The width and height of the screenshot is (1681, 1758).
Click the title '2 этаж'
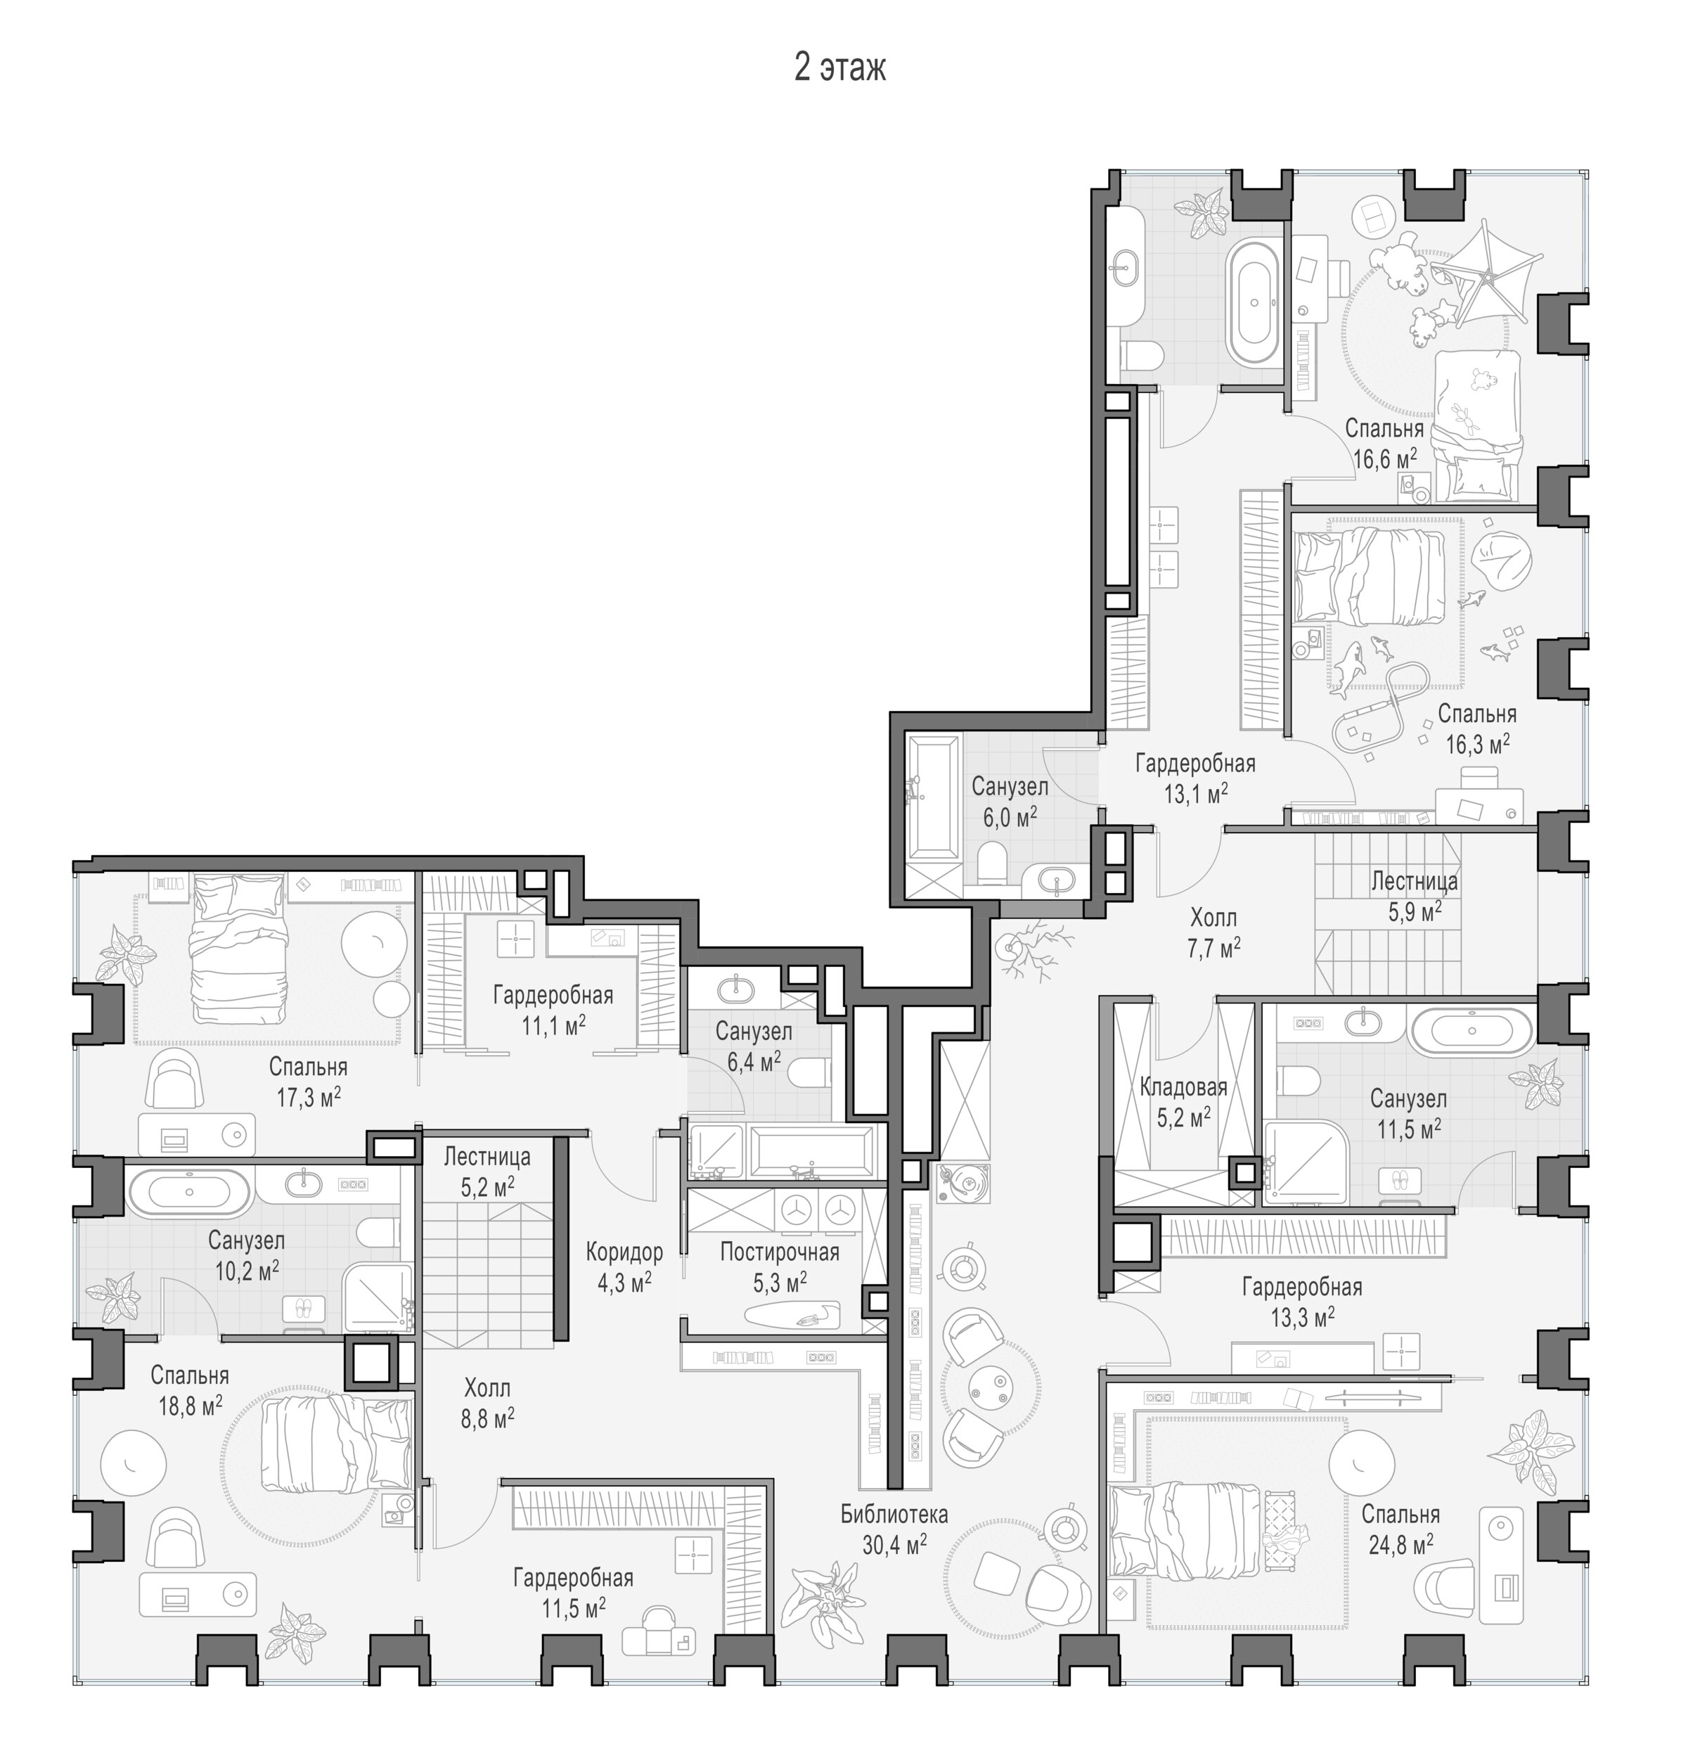point(839,68)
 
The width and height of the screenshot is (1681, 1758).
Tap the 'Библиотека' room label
point(894,1514)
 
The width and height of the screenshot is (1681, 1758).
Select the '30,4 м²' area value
point(894,1543)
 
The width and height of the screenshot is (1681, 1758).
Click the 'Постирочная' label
point(780,1252)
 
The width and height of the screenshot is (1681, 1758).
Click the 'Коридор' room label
point(624,1252)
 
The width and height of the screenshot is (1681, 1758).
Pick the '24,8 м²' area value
point(1400,1543)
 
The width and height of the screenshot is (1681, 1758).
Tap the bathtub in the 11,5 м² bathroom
point(1471,1032)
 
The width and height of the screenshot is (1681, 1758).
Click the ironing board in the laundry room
point(792,1314)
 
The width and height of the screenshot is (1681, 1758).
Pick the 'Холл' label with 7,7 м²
point(1213,918)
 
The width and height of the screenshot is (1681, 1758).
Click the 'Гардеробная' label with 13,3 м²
point(1302,1288)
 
